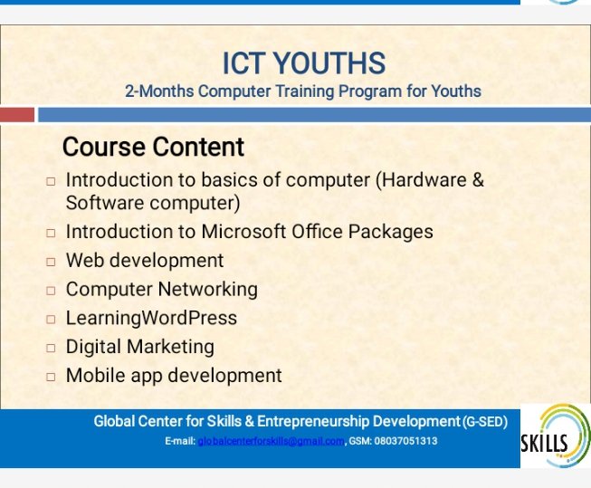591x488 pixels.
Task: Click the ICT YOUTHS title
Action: [x=304, y=63]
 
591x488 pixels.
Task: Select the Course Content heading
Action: [x=153, y=147]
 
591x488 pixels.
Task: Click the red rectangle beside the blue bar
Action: [x=17, y=115]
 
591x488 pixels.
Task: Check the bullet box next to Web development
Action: [x=51, y=262]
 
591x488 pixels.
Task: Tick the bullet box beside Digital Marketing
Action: [x=51, y=348]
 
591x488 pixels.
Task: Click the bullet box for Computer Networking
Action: [x=51, y=291]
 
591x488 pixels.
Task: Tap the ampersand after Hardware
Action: [x=478, y=179]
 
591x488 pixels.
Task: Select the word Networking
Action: [x=207, y=290]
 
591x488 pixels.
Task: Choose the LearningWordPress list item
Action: [x=151, y=318]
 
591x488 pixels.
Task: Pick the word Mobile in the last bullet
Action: [x=96, y=375]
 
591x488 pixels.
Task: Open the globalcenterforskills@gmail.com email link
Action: [x=271, y=441]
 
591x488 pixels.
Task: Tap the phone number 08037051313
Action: [x=405, y=441]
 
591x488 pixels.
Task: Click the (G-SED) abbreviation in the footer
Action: [x=485, y=422]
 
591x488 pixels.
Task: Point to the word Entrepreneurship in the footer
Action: [x=313, y=421]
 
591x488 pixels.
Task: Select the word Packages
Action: [x=390, y=232]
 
